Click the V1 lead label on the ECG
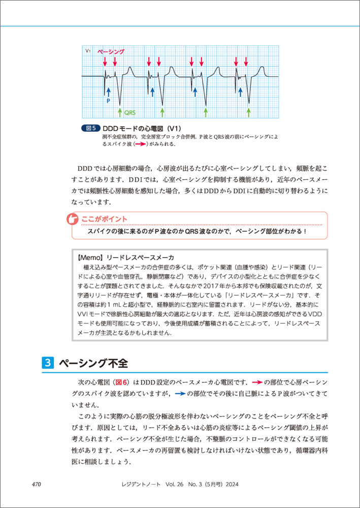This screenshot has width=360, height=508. (x=88, y=51)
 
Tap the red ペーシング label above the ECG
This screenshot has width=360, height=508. (x=110, y=52)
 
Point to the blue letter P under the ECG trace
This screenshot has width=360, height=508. (x=108, y=101)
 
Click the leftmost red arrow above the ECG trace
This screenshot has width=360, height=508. (x=105, y=62)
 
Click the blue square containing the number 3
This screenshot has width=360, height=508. (x=47, y=363)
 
